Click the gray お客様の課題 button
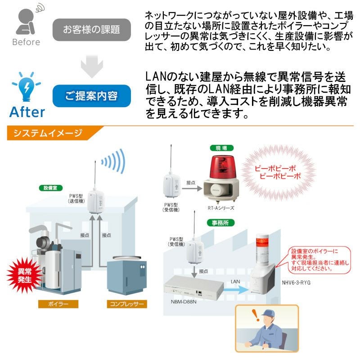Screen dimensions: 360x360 [x=92, y=30]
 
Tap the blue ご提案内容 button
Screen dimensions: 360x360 [x=92, y=96]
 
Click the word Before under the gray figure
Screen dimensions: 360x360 [x=26, y=42]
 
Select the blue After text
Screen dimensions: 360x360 [x=27, y=112]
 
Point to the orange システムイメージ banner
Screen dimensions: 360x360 [x=53, y=133]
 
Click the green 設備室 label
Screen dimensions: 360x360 [x=50, y=188]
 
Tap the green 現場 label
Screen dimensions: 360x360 [x=221, y=148]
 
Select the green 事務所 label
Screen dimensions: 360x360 [x=220, y=223]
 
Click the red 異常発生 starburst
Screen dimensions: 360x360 [x=24, y=275]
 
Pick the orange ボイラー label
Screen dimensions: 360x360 [x=58, y=304]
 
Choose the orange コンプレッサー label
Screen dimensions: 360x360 [x=127, y=304]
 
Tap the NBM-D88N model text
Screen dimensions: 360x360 [x=184, y=301]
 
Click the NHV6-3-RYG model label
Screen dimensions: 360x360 [x=296, y=283]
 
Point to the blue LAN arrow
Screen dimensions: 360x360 [x=235, y=289]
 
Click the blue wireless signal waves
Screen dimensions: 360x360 [x=114, y=161]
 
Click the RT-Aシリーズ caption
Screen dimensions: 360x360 [x=221, y=208]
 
